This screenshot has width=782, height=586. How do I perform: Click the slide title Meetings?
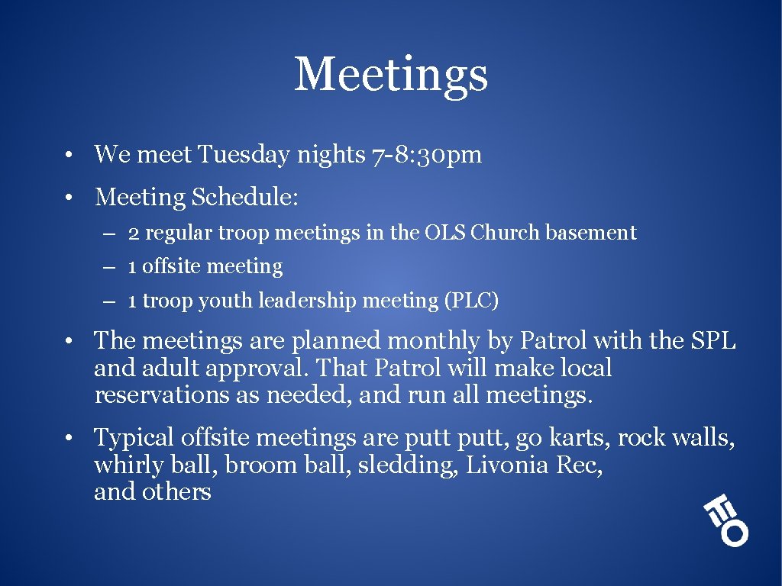391,75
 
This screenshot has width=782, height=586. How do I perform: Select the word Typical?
134,438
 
